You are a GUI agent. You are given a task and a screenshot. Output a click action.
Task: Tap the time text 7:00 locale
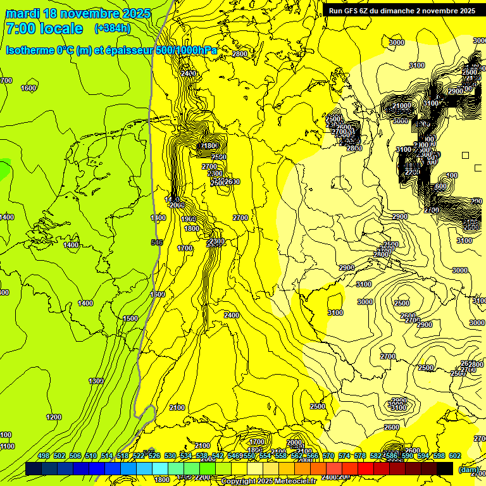(x=44, y=28)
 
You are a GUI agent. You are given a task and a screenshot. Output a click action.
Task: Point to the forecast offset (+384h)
(x=113, y=28)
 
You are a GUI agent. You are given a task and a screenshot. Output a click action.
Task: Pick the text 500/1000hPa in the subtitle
(x=186, y=50)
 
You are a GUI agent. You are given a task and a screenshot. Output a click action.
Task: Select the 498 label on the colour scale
(x=44, y=456)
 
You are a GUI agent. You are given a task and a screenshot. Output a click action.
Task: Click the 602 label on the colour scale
(x=455, y=456)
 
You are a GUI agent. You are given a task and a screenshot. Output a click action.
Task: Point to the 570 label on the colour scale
(x=328, y=456)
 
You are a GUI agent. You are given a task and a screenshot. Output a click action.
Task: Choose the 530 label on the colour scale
(x=170, y=456)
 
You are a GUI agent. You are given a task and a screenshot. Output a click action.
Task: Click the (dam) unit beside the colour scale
(x=469, y=469)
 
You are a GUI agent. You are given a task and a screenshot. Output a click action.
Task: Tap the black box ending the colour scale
(x=445, y=468)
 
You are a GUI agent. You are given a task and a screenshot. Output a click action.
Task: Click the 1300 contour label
(x=96, y=381)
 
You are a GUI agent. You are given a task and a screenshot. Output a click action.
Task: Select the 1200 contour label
(x=54, y=417)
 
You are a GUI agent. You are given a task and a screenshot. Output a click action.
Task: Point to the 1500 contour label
(x=130, y=318)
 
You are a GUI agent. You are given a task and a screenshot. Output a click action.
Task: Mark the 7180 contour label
(x=209, y=146)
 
